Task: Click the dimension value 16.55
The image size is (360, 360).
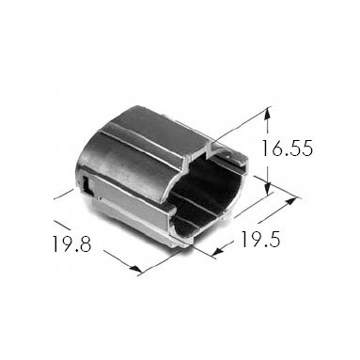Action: [287, 149]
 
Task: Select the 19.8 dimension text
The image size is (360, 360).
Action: [71, 244]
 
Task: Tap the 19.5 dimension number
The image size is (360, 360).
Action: [260, 240]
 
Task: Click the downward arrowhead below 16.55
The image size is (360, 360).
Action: [267, 189]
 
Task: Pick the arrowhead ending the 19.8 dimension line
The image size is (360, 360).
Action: [136, 269]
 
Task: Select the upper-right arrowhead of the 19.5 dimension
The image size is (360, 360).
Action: [290, 200]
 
